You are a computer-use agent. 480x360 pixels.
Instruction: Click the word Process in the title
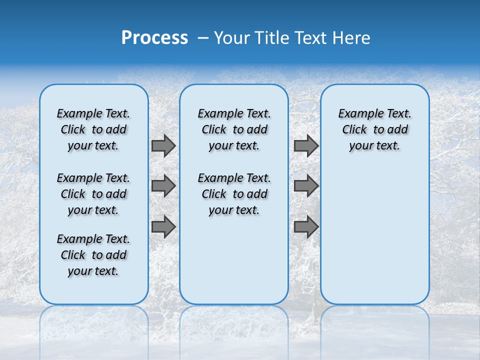(x=154, y=38)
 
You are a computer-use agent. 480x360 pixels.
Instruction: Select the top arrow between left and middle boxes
(x=163, y=146)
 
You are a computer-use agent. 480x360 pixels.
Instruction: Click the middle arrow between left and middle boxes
(x=163, y=186)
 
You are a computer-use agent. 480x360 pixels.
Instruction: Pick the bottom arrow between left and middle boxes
(x=163, y=226)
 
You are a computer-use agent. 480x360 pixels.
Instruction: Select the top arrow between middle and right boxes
(x=306, y=146)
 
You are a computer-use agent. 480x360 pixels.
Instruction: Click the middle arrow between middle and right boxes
(x=306, y=186)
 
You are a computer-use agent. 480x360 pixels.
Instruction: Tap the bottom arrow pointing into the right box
(x=306, y=226)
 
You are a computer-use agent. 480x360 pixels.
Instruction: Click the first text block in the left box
(x=93, y=129)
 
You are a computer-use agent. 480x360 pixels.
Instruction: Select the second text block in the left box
(x=93, y=194)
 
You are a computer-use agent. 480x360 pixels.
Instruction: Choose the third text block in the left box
(x=93, y=255)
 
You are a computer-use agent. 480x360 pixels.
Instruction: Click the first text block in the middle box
(x=234, y=129)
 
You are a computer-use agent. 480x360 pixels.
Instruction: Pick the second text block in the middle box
(x=234, y=194)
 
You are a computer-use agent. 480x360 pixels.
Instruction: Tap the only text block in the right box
(x=374, y=129)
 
